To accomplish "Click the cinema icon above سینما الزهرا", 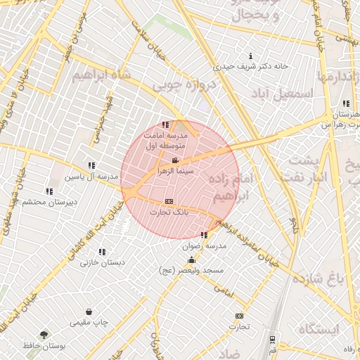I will point(175,161).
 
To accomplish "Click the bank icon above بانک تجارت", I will point(169,201).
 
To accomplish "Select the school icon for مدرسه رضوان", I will point(204,236).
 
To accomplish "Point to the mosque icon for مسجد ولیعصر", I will point(191,260).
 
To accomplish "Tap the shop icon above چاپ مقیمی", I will point(89,311).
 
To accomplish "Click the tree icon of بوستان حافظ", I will point(45,335).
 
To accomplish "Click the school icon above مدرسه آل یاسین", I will point(92,166).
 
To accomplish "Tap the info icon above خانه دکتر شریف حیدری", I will point(251,56).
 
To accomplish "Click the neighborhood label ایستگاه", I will point(318,328).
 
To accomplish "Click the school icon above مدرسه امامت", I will point(165,124).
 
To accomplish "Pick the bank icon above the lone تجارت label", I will point(240,316).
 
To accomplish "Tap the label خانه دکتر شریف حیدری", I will point(251,67).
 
